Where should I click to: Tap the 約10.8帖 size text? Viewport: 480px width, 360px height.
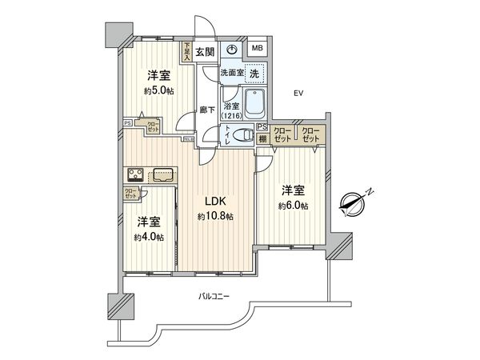pos(215,217)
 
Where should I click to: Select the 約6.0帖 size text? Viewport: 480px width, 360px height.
pos(294,206)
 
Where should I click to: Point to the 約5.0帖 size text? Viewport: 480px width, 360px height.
pos(157,91)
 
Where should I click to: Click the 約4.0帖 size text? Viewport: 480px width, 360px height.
pos(150,237)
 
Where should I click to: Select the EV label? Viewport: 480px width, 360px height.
pos(299,94)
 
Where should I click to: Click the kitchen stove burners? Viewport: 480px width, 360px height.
pos(134,175)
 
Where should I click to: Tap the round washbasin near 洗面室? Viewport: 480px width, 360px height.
pos(231,50)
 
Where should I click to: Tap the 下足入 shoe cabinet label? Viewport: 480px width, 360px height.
pos(187,52)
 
